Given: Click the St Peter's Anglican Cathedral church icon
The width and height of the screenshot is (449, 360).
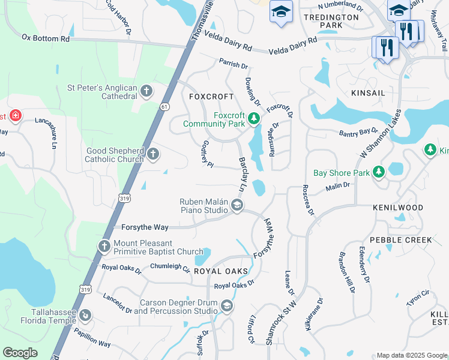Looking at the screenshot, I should (x=146, y=92).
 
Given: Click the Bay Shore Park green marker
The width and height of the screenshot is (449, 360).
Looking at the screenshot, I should (x=379, y=173).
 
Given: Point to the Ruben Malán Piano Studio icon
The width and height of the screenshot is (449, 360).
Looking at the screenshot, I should (x=237, y=206).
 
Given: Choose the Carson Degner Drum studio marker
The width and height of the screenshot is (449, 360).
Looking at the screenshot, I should (x=226, y=307).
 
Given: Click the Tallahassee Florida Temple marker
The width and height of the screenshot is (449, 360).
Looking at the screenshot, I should (x=85, y=315).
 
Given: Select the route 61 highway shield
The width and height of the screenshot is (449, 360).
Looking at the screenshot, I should (x=164, y=106).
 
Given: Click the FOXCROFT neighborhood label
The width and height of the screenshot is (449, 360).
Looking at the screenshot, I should (x=210, y=97).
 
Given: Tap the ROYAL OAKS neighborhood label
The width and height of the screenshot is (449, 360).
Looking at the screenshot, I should (x=220, y=271).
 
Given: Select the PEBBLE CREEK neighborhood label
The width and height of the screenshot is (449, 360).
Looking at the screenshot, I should (x=400, y=240).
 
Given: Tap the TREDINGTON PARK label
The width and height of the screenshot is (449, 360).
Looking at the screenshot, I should (x=331, y=22).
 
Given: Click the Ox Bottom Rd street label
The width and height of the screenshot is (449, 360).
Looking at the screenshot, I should (x=46, y=38).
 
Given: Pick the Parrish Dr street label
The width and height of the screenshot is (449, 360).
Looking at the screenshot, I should (x=234, y=65).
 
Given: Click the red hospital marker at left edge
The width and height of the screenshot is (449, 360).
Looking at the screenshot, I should (x=14, y=115).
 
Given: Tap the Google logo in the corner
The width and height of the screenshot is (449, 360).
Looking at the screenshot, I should (x=20, y=353).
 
